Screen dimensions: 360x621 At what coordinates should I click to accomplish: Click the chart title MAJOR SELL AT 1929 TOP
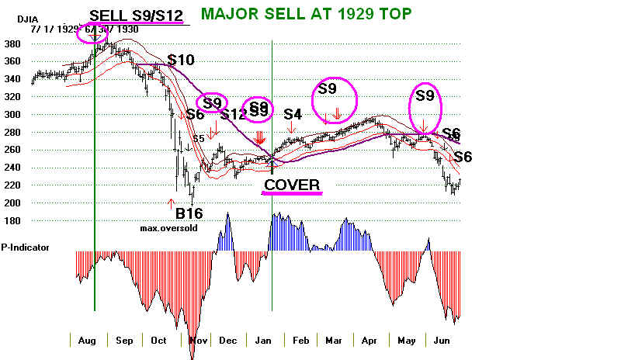306,13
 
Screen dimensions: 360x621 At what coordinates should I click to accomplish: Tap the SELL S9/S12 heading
137,15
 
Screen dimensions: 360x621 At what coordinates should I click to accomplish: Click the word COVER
292,185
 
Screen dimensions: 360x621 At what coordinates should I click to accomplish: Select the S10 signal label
181,60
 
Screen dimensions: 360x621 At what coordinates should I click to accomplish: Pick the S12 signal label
233,115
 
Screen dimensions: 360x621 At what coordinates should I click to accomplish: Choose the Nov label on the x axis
199,341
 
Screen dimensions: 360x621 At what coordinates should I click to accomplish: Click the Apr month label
367,341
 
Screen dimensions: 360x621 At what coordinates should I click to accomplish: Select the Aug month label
87,341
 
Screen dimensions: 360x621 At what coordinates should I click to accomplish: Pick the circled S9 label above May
425,96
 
